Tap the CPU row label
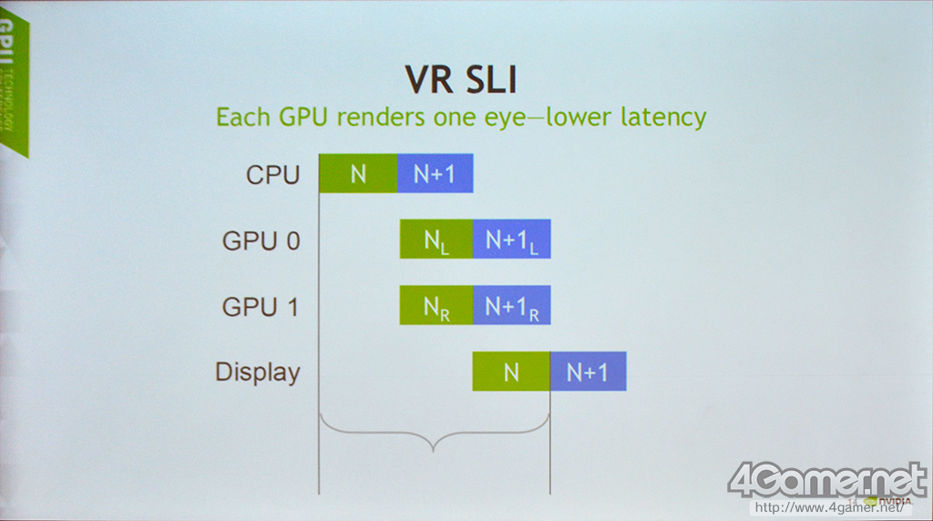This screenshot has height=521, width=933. pyautogui.click(x=272, y=175)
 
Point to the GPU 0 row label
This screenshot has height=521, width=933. pyautogui.click(x=261, y=241)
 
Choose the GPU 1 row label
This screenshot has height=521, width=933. pyautogui.click(x=261, y=307)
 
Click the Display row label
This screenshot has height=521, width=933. pyautogui.click(x=257, y=373)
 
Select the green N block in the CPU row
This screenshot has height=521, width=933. pyautogui.click(x=358, y=173)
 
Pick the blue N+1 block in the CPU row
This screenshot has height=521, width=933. pyautogui.click(x=435, y=173)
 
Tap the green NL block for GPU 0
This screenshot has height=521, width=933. pyautogui.click(x=436, y=240)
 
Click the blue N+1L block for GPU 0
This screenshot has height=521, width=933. pyautogui.click(x=511, y=240)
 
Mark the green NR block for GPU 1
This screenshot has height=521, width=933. pyautogui.click(x=436, y=305)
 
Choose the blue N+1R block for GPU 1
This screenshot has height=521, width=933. pyautogui.click(x=511, y=305)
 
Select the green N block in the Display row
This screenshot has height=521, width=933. pyautogui.click(x=510, y=371)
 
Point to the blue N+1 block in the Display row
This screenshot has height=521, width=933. pyautogui.click(x=588, y=371)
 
